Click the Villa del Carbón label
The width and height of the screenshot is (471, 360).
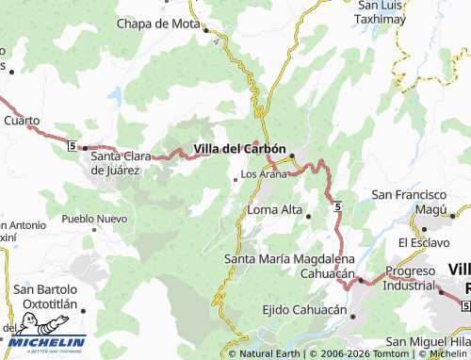(239, 149)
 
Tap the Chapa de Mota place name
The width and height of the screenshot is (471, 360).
(155, 23)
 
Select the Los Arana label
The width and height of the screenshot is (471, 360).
(264, 174)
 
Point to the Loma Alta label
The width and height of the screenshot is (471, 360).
(274, 209)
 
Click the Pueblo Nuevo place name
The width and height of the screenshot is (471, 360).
(93, 218)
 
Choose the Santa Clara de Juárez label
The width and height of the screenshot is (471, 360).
(128, 163)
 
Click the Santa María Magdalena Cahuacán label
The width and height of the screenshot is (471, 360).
(289, 265)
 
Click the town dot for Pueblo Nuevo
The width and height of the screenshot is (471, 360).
(94, 228)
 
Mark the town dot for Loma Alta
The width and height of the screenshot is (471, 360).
(309, 216)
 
